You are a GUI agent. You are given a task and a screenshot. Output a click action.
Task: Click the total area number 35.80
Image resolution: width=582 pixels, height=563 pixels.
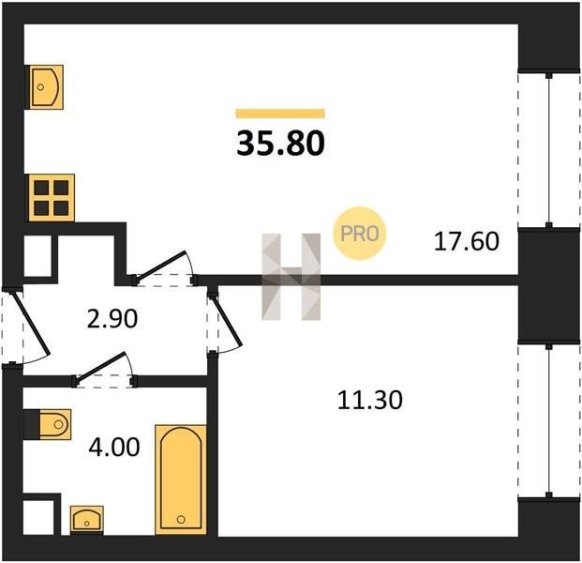[280, 144]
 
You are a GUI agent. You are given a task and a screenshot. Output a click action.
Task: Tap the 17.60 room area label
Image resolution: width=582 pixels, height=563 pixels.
[467, 241]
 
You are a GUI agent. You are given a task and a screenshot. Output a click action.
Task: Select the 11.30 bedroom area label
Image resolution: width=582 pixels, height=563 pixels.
[369, 400]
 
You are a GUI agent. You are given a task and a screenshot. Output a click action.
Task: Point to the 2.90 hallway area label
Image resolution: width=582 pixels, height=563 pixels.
[112, 319]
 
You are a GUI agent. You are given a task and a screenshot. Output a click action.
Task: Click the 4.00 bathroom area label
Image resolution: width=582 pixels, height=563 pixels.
[114, 447]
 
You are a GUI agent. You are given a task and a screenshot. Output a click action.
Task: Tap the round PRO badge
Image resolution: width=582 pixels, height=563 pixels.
[359, 234]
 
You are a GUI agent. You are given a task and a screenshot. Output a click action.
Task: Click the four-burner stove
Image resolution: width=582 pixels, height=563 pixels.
[52, 198]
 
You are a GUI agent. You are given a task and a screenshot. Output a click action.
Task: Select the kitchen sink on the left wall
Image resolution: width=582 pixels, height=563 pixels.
[46, 87]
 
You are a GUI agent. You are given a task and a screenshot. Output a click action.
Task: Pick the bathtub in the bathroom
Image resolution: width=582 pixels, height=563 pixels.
[181, 479]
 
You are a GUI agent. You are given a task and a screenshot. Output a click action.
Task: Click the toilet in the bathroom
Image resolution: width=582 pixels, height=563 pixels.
[54, 424]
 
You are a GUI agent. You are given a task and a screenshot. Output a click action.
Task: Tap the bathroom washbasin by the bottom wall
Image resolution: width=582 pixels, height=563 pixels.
[87, 520]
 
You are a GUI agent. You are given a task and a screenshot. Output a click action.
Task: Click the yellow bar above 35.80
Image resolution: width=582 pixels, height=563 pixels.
[280, 114]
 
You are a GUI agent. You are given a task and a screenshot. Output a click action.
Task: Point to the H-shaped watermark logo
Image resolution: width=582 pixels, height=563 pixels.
[291, 277]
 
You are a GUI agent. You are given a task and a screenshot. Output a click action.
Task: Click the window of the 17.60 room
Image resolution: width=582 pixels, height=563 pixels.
[549, 150]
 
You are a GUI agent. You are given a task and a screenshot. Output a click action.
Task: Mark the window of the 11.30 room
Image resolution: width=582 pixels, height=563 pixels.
[549, 420]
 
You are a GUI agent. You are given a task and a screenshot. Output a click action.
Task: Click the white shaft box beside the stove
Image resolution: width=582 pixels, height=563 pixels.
[37, 255]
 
